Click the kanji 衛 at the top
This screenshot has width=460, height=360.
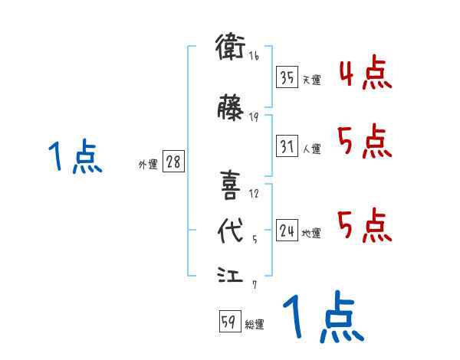click(x=231, y=49)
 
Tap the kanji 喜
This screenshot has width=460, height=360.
click(x=231, y=185)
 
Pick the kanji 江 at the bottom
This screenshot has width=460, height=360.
click(x=231, y=274)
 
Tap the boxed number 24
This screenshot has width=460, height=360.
click(x=287, y=229)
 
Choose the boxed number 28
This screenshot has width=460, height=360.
click(x=172, y=162)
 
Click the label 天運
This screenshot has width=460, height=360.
click(x=311, y=80)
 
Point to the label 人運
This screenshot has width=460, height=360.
click(x=311, y=148)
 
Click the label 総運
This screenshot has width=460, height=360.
click(x=254, y=325)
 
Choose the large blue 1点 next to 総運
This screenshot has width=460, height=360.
click(x=322, y=318)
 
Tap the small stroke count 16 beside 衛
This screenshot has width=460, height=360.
click(x=254, y=57)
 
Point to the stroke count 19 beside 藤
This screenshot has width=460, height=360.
click(x=254, y=116)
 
